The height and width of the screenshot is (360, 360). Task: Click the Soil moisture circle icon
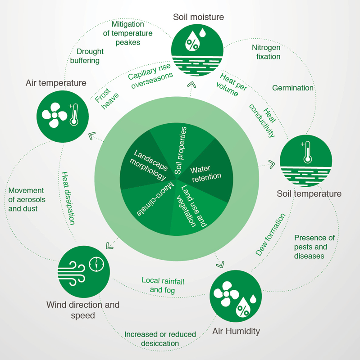197,50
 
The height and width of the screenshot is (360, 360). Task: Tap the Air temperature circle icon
63,117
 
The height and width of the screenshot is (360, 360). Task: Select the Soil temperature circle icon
306,161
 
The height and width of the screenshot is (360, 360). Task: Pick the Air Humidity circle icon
236,296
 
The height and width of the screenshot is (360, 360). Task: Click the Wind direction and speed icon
84,272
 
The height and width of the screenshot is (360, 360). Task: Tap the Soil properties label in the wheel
181,150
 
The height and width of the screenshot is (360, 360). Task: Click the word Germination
293,88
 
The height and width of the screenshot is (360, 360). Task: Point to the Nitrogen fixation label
266,52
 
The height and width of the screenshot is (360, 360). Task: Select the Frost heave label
107,99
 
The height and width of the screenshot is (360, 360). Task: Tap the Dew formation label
271,234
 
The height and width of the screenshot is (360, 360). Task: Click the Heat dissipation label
68,198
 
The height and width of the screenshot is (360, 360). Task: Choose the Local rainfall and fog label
163,285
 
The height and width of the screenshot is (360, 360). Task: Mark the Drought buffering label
87,56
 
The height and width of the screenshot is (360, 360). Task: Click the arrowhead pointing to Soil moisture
191,85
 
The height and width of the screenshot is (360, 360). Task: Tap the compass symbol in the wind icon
96,264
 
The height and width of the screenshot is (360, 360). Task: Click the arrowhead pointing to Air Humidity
220,265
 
